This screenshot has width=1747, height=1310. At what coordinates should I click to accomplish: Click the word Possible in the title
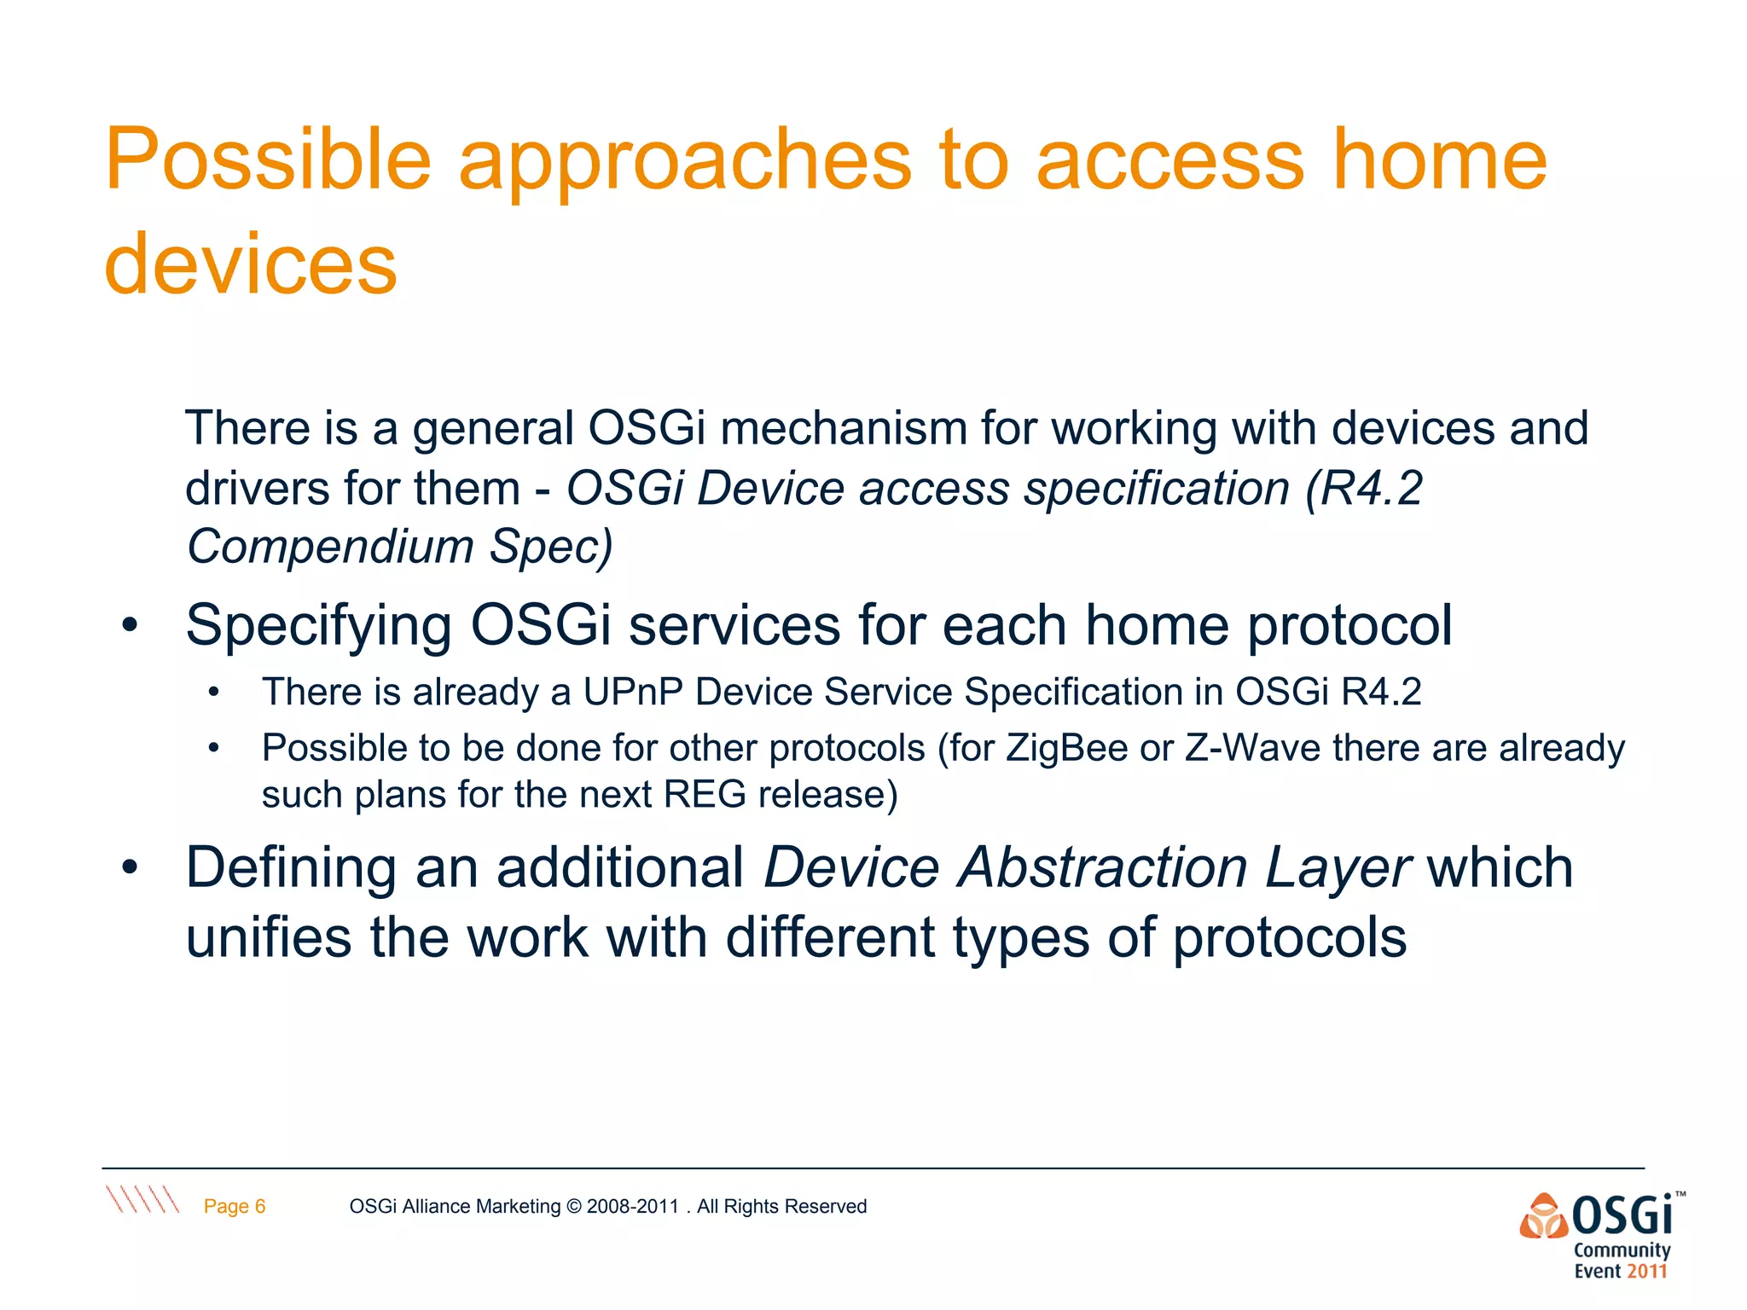click(x=268, y=160)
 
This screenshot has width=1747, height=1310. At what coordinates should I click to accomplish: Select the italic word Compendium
click(x=330, y=546)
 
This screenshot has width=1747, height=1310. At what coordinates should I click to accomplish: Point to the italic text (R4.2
click(x=1363, y=489)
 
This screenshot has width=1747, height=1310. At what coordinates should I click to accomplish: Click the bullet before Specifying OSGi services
click(x=129, y=626)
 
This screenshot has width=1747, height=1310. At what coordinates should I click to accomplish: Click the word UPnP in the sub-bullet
click(x=632, y=692)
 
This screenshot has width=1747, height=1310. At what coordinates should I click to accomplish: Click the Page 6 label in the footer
click(x=235, y=1206)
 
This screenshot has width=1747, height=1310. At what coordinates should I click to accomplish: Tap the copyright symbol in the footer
click(x=573, y=1206)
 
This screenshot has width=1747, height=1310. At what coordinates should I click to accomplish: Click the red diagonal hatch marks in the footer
click(x=142, y=1198)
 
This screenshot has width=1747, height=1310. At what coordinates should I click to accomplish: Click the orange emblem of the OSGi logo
click(x=1543, y=1216)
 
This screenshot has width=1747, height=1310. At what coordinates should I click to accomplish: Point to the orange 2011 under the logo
click(x=1645, y=1272)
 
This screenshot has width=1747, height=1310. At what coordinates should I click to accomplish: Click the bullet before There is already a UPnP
click(x=214, y=693)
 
